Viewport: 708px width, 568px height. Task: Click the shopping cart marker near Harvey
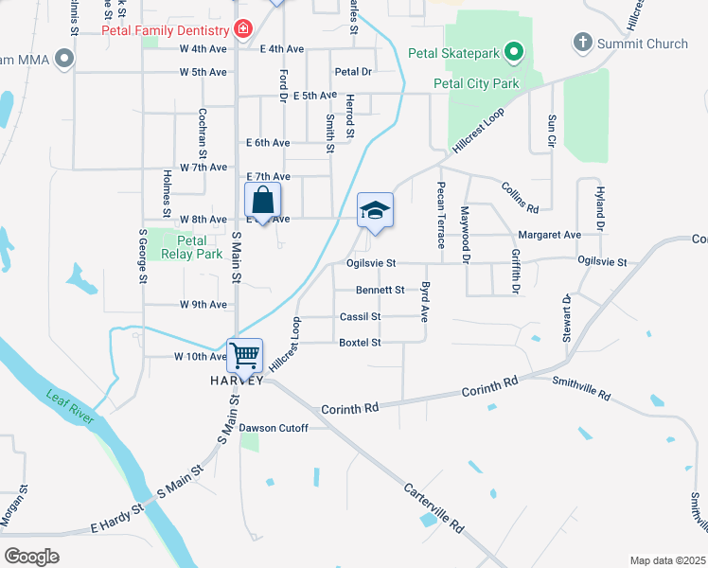pos(245,356)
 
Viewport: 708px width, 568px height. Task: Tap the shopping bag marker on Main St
pos(263,201)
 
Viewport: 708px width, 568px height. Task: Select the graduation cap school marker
pos(375,210)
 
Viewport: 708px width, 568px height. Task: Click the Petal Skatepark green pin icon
pos(514,51)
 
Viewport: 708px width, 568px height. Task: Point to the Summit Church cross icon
pos(582,43)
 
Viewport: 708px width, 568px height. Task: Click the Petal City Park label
pos(477,83)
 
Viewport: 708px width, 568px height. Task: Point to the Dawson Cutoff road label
pos(274,428)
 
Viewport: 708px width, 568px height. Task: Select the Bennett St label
pos(380,290)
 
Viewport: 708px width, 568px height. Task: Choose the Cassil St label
pos(360,316)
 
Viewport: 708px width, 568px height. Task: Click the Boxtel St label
pos(360,342)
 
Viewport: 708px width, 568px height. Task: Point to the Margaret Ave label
pos(549,235)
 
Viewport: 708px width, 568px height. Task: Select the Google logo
pos(32,556)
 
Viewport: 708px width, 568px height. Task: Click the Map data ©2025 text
pos(666,560)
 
